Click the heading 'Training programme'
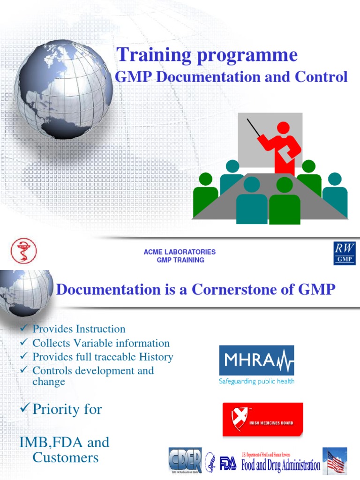click(x=207, y=55)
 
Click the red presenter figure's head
click(x=283, y=127)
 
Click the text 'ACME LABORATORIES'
click(x=180, y=252)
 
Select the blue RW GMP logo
click(x=345, y=253)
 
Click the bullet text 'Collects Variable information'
click(x=101, y=343)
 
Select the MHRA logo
click(x=256, y=360)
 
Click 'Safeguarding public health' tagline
click(x=256, y=382)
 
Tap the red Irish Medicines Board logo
click(x=262, y=419)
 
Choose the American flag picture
click(x=335, y=460)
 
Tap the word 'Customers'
click(x=66, y=457)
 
